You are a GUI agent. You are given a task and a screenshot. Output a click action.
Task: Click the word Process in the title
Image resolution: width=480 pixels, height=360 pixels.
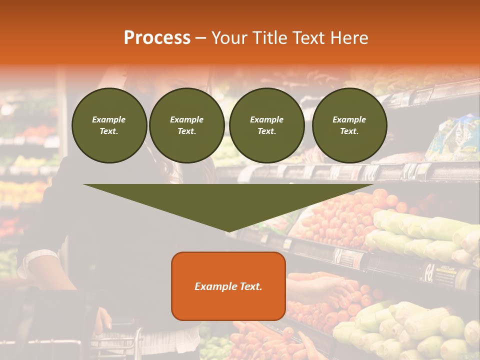tap(157, 38)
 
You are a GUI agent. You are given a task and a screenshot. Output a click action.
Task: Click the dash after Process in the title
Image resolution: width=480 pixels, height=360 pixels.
tap(200, 39)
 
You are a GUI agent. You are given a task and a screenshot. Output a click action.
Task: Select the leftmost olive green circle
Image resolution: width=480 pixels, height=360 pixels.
tap(109, 125)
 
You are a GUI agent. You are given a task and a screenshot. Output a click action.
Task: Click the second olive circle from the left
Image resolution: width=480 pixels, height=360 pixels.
tap(186, 125)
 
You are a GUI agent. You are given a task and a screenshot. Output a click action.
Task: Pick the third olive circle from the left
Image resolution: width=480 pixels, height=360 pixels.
tap(266, 125)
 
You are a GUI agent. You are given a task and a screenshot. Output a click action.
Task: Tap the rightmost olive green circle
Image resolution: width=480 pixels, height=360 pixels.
tap(349, 125)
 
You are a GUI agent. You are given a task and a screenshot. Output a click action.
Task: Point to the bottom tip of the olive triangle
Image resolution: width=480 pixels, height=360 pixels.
tap(228, 230)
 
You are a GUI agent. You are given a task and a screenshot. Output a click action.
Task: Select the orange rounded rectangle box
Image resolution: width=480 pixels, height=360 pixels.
tap(228, 285)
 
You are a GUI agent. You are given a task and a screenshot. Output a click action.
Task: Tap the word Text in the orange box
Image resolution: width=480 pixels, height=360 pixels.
tap(249, 286)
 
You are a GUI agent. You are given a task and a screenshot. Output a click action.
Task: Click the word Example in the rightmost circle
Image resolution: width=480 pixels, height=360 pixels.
tap(349, 119)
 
